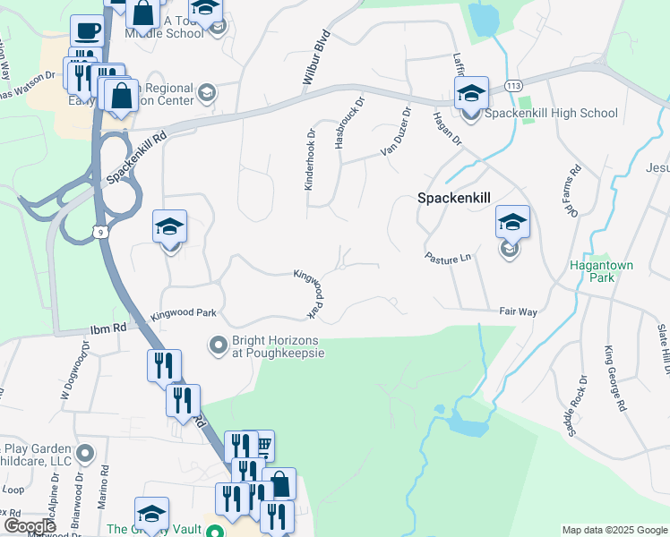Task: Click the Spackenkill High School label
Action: click(x=551, y=113)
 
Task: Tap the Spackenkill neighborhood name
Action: click(x=457, y=200)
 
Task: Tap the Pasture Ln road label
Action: click(x=447, y=257)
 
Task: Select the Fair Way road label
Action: click(x=518, y=311)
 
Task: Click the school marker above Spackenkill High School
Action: click(x=471, y=93)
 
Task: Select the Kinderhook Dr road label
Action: click(x=311, y=158)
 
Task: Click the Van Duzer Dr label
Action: click(x=395, y=132)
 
